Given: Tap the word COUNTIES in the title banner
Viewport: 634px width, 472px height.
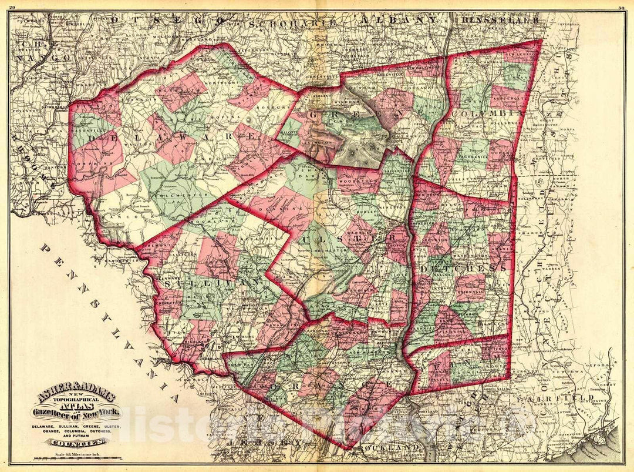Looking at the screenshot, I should point(70,441).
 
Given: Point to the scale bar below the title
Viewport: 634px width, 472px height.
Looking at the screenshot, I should point(69,457).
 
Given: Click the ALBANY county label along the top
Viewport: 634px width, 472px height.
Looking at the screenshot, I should point(399,20).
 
